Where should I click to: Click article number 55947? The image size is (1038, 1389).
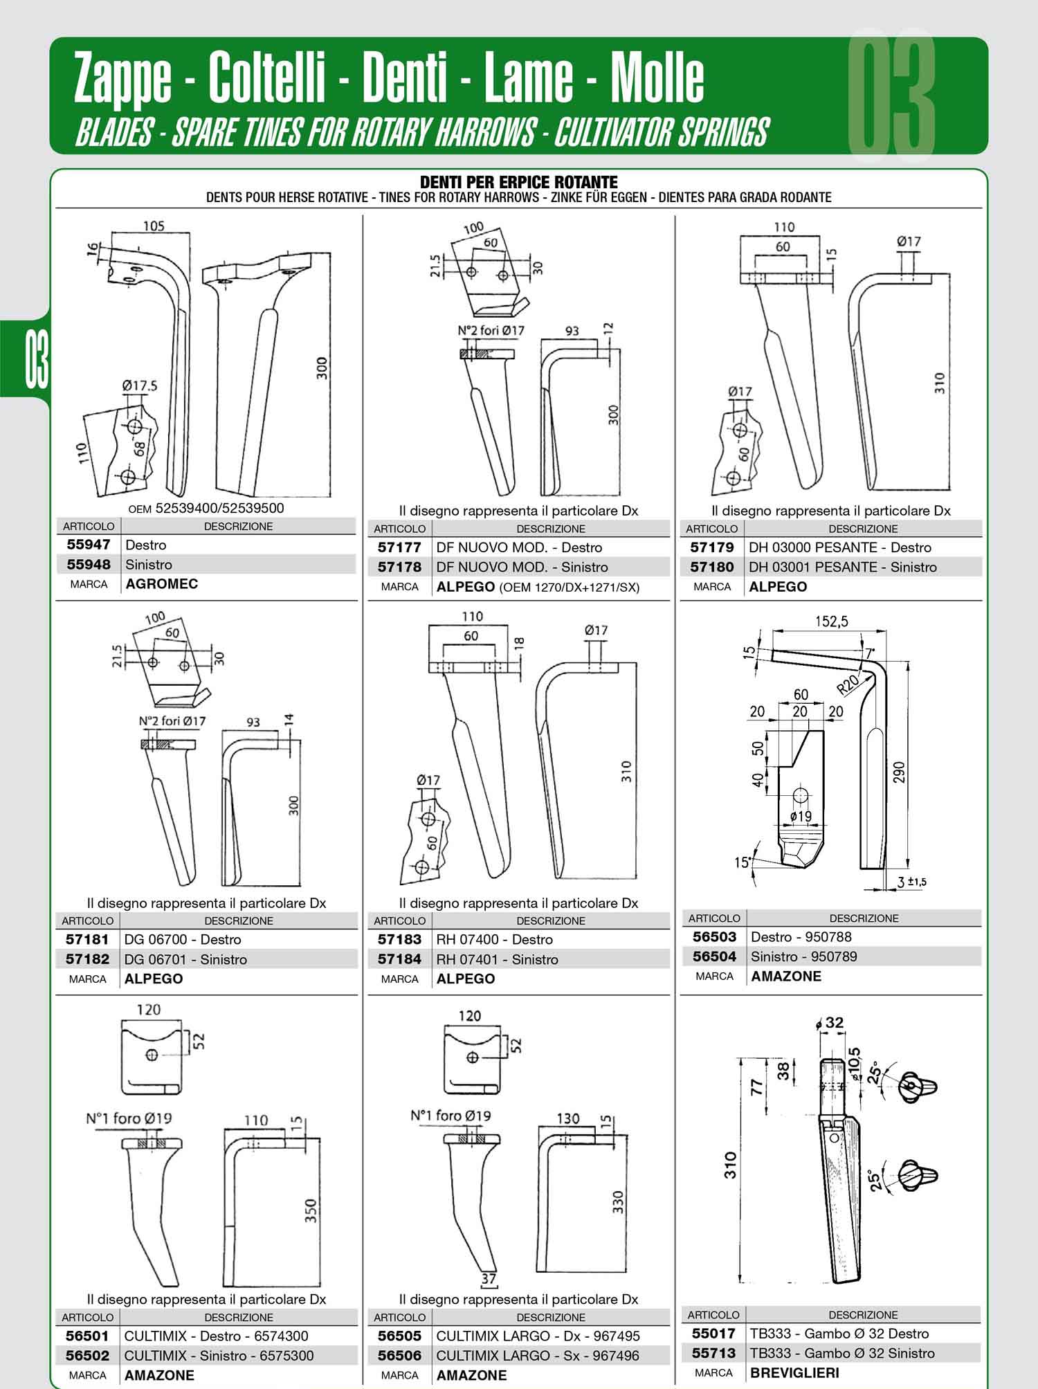point(88,545)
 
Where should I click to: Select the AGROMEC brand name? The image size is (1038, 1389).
point(161,584)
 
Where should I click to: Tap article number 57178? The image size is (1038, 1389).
point(399,567)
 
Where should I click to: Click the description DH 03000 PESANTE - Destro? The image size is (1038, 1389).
point(840,547)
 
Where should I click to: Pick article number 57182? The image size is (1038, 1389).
point(88,959)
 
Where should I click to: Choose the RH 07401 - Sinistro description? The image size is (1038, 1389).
point(497,959)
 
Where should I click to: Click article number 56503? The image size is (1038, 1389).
point(714,937)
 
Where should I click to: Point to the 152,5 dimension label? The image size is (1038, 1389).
point(830,621)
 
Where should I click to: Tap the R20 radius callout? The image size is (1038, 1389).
point(848,684)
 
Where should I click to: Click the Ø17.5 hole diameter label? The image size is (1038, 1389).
point(139,385)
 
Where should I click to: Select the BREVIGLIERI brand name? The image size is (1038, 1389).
point(794,1372)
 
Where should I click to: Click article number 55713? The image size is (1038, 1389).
point(713,1353)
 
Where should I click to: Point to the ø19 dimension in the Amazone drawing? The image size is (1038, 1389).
point(801,817)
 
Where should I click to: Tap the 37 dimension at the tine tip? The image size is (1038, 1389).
point(489,1278)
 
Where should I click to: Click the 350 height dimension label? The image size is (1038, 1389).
point(311,1210)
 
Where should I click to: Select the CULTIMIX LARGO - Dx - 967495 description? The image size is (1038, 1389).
point(538,1336)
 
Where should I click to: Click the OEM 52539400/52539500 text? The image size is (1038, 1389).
point(206,508)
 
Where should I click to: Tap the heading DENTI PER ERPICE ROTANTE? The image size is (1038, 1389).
point(519,182)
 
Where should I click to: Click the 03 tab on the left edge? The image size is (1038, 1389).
point(37,359)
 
